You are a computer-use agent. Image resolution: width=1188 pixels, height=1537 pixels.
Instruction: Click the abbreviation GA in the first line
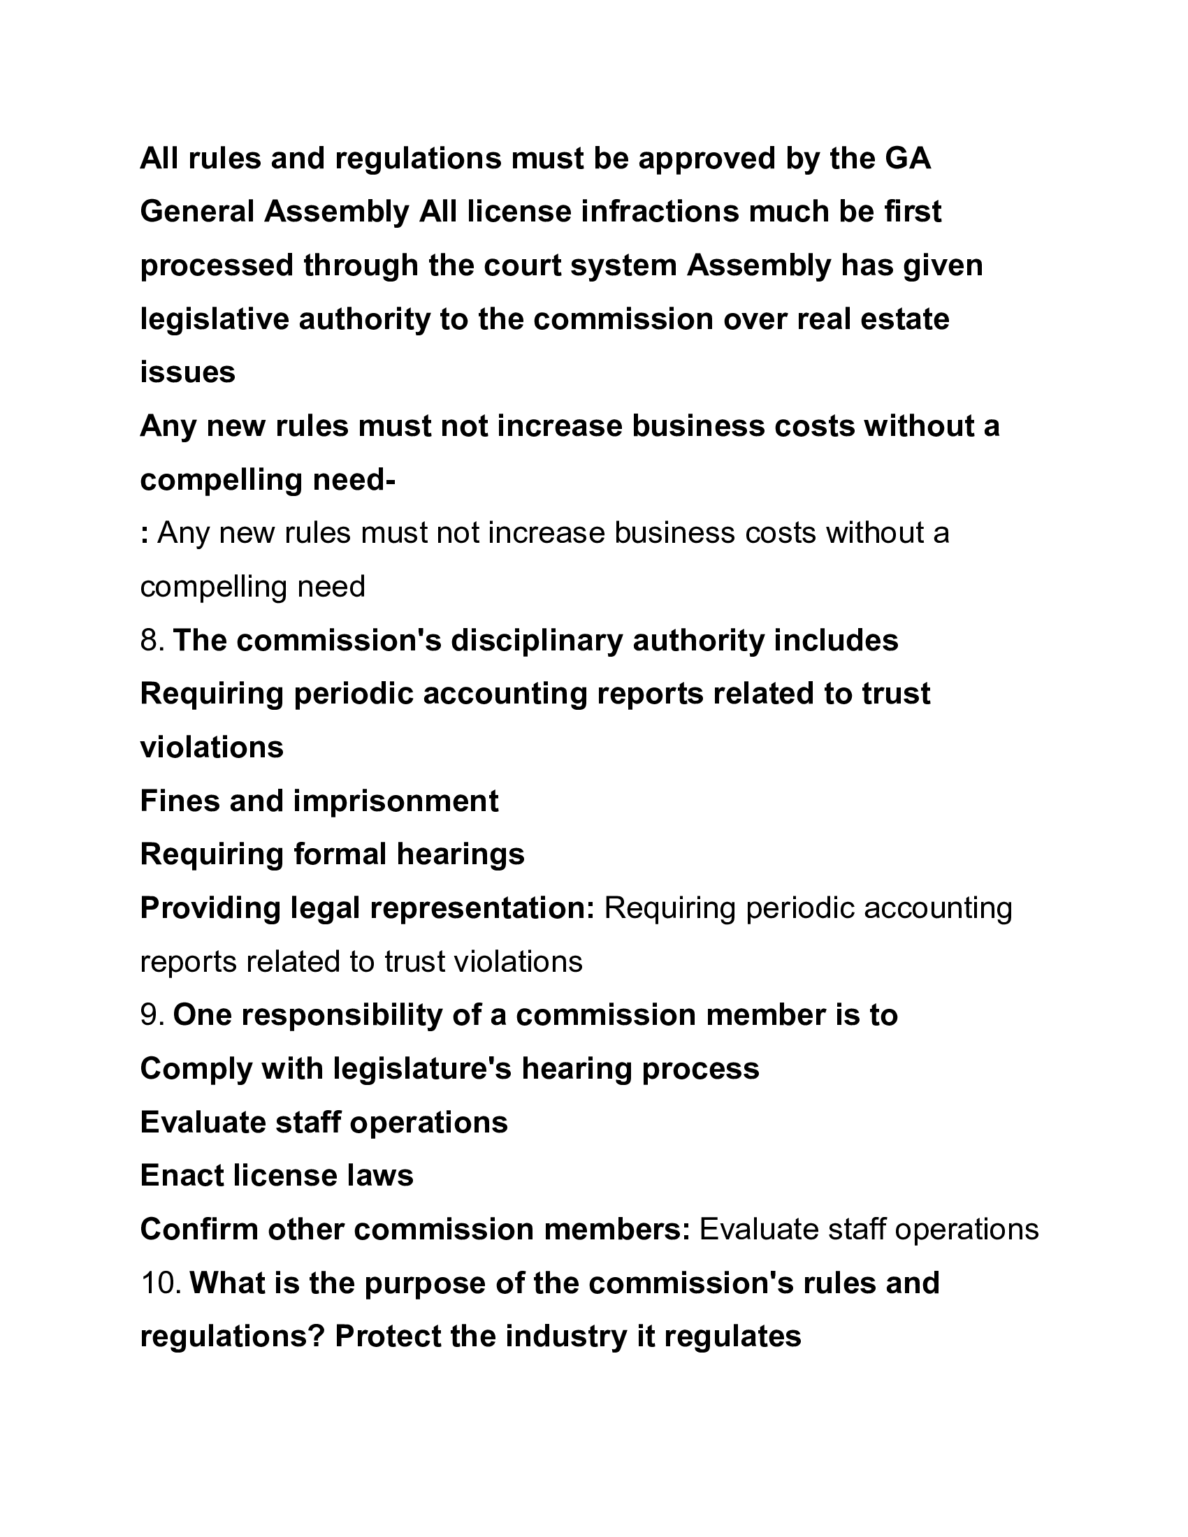(907, 159)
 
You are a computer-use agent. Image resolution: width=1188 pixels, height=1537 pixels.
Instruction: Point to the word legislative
(214, 319)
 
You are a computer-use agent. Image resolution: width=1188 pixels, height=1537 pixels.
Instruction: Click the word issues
(187, 372)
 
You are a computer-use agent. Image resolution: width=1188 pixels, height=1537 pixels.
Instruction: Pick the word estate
(908, 319)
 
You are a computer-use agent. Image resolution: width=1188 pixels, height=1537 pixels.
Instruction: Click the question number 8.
(152, 641)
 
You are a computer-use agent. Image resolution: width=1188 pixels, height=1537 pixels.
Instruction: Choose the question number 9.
(152, 1016)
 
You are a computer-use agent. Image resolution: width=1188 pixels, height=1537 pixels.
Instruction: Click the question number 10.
(161, 1283)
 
